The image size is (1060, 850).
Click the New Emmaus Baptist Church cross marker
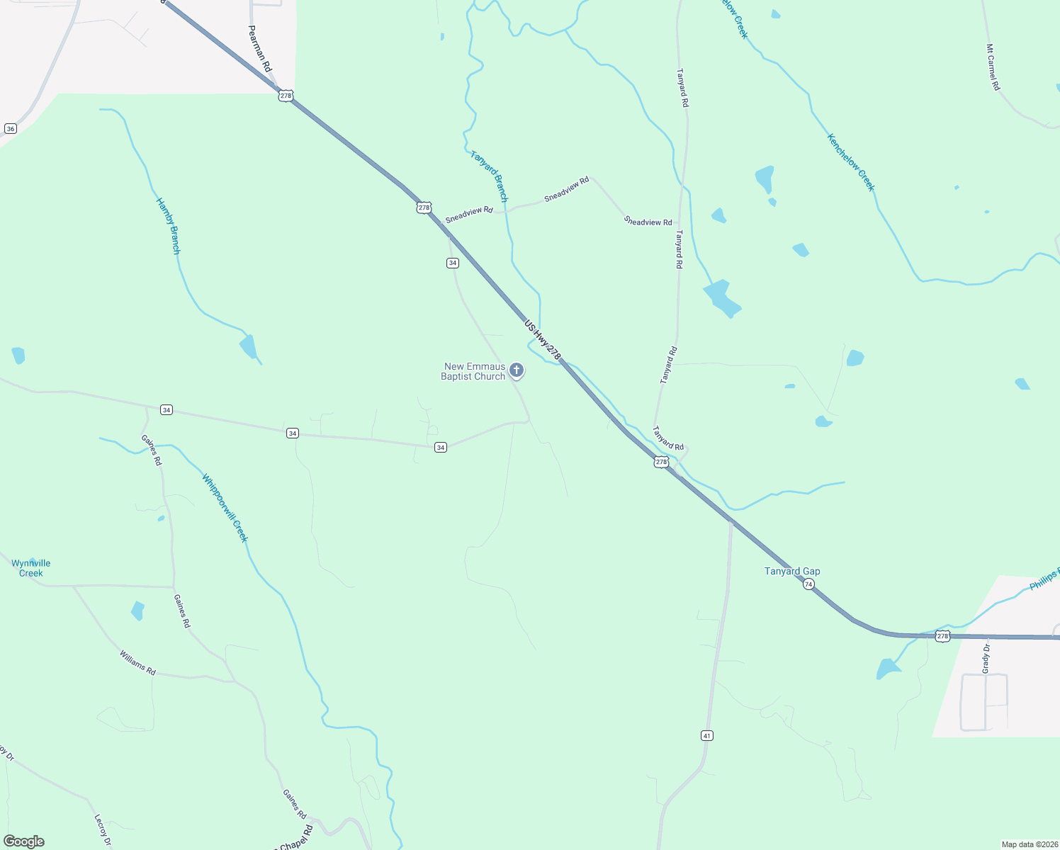pyautogui.click(x=517, y=370)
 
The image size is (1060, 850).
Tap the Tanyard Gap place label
pyautogui.click(x=792, y=571)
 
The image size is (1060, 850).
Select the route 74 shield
pyautogui.click(x=808, y=584)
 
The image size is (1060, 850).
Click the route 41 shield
pyautogui.click(x=706, y=736)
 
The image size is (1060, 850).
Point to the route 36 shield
pyautogui.click(x=10, y=128)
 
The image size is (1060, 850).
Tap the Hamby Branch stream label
pyautogui.click(x=168, y=226)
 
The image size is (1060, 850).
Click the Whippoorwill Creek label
pyautogui.click(x=225, y=508)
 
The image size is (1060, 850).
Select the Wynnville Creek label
pyautogui.click(x=31, y=568)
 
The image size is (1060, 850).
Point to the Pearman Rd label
pyautogui.click(x=260, y=49)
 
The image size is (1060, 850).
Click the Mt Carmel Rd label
pyautogui.click(x=993, y=67)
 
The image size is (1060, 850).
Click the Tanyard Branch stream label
pyautogui.click(x=489, y=176)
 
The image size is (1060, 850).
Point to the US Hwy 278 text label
pyautogui.click(x=543, y=340)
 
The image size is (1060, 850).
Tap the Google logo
pyautogui.click(x=24, y=841)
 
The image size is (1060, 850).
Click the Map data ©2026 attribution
pyautogui.click(x=1029, y=844)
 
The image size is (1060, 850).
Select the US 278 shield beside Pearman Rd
pyautogui.click(x=286, y=96)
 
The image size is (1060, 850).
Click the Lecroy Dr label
pyautogui.click(x=102, y=829)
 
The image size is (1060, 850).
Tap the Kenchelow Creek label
pyautogui.click(x=851, y=162)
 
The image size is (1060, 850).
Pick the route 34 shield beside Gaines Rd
pyautogui.click(x=167, y=410)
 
